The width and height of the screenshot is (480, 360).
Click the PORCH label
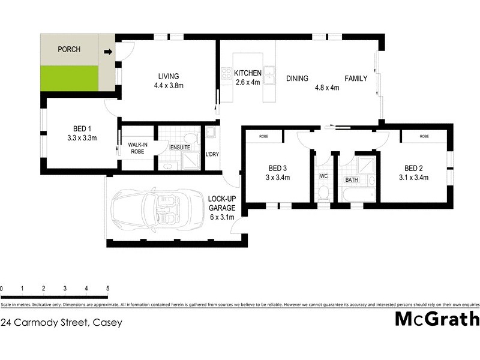point(69,49)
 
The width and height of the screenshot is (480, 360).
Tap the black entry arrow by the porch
point(108,52)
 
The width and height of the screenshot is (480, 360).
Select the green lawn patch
point(69,78)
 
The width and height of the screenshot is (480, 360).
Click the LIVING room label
point(169,76)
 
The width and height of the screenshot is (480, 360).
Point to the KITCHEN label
point(247,73)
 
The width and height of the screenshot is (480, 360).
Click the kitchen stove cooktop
point(226,74)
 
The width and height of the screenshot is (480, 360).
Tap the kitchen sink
point(269,73)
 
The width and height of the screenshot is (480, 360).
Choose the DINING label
point(297,78)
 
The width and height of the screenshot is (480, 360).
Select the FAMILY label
point(355,78)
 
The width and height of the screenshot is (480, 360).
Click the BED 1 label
point(82,129)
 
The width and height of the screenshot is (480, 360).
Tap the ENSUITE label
point(179,148)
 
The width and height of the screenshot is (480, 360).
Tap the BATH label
point(352,179)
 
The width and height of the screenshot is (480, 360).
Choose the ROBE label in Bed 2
point(424,136)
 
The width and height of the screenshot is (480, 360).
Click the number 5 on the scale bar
point(107,289)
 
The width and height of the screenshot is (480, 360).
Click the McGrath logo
point(437,319)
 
